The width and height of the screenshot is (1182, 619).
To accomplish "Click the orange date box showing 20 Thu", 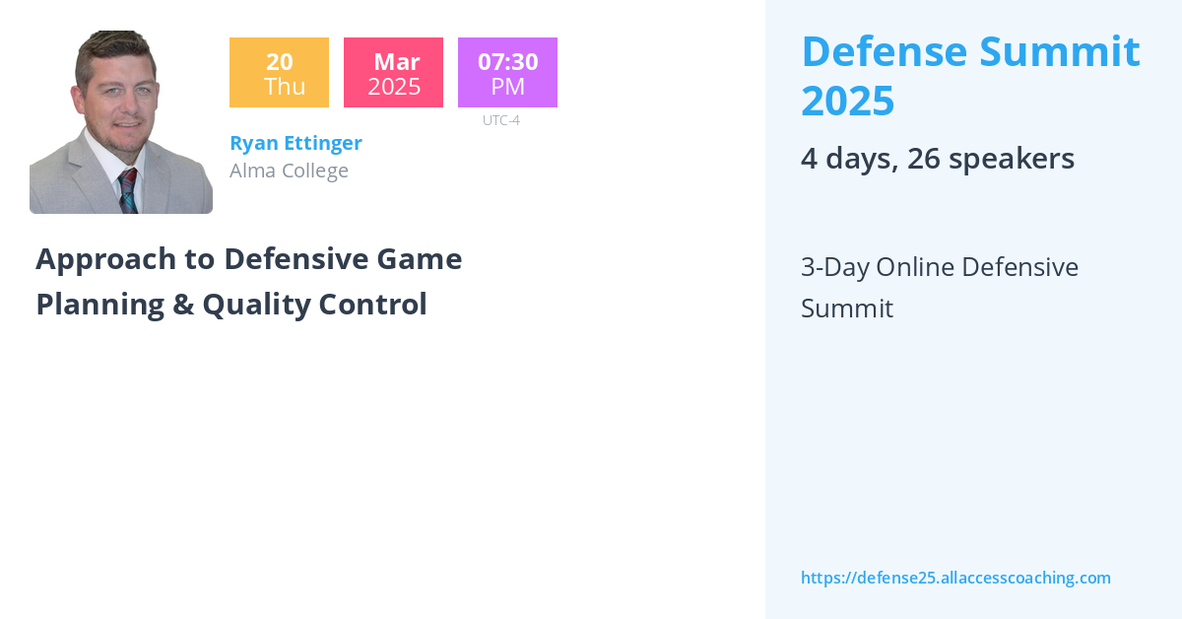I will click(279, 72).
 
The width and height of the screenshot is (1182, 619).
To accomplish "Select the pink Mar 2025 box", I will click(393, 72).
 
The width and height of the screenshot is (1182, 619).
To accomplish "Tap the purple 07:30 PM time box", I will click(507, 72).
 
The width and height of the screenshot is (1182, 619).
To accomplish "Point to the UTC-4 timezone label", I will click(501, 120).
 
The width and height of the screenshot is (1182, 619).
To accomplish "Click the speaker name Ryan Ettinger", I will click(295, 143).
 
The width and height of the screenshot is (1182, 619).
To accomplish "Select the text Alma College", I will click(289, 171).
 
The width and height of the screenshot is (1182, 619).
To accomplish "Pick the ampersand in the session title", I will click(182, 305).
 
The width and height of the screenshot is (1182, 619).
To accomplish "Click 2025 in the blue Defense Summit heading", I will click(847, 101).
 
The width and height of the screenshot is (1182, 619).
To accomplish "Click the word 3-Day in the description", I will click(833, 267).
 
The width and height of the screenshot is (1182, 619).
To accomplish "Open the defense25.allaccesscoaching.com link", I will click(955, 578).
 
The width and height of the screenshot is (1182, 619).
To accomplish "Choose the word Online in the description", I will click(915, 267).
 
